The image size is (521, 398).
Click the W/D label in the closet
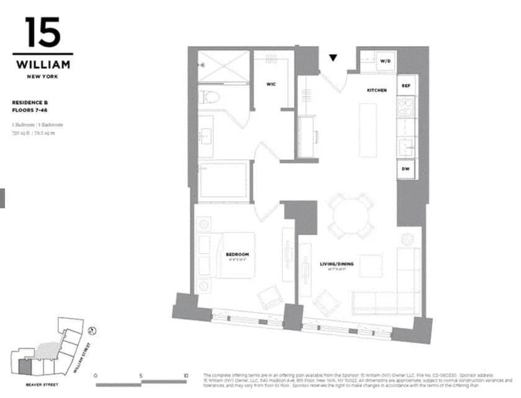coord(385,61)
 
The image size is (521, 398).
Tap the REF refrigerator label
coord(406,85)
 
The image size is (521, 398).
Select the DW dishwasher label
coord(406,169)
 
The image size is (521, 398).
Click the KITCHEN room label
coord(376,91)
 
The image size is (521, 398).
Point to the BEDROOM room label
coord(237,255)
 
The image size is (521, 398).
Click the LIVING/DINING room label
coord(337,264)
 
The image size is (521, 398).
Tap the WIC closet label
coord(271,84)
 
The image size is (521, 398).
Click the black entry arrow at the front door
coord(333,58)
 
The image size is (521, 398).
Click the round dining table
coord(350,215)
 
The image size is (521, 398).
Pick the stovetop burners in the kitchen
coord(406,107)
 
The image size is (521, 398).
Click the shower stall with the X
coord(223,66)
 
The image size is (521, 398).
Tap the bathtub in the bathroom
coord(223,180)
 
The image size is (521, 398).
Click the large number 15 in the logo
coord(43,34)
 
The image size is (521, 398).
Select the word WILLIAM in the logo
coord(43,64)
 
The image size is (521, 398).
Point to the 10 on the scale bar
coord(185,376)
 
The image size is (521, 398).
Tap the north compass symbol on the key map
coord(92,332)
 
